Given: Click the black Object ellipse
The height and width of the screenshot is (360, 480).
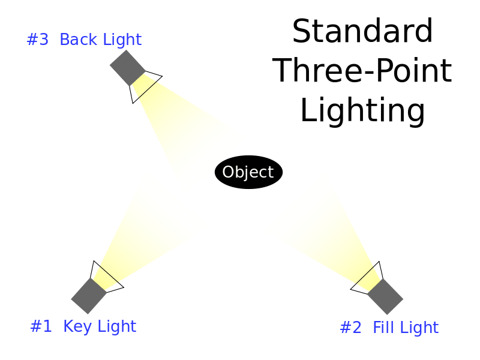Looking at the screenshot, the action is (248, 172).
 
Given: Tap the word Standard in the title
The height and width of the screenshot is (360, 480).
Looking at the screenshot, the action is (362, 31).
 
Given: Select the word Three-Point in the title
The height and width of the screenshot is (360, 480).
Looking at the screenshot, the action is (362, 71).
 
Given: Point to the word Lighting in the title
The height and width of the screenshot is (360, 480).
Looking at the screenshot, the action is (363, 110).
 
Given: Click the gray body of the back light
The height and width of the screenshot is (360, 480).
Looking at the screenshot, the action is (128, 68).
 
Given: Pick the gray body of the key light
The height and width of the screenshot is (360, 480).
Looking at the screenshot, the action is (89, 296).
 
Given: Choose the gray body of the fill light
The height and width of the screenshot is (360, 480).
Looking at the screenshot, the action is (385, 296).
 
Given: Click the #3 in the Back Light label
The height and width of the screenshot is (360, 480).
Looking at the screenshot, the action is (38, 40).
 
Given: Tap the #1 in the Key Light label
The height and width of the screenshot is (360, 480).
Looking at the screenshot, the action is (41, 326).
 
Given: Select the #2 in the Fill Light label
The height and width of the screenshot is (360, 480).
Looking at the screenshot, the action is (351, 327).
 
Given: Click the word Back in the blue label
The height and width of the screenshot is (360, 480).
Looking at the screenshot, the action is (78, 39).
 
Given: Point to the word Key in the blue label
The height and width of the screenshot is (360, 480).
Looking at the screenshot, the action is (77, 326).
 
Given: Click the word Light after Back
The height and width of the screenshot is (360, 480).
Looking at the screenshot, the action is (122, 40).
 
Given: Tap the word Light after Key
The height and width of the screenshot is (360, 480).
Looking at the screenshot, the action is (117, 326).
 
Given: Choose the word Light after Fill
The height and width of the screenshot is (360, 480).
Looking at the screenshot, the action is (419, 328).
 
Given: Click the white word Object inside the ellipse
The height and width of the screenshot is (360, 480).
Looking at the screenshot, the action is (248, 172).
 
